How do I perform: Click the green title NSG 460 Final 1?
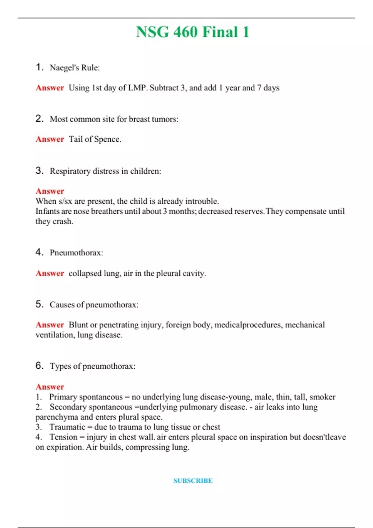pos(193,32)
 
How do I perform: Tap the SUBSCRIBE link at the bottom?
pos(193,481)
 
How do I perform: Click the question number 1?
pos(39,67)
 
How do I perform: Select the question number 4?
pos(39,252)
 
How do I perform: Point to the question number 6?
pos(39,366)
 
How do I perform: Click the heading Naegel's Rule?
pos(75,68)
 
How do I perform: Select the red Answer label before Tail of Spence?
pos(50,139)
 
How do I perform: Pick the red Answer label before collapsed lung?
pos(50,273)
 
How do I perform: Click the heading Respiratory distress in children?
pos(105,171)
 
